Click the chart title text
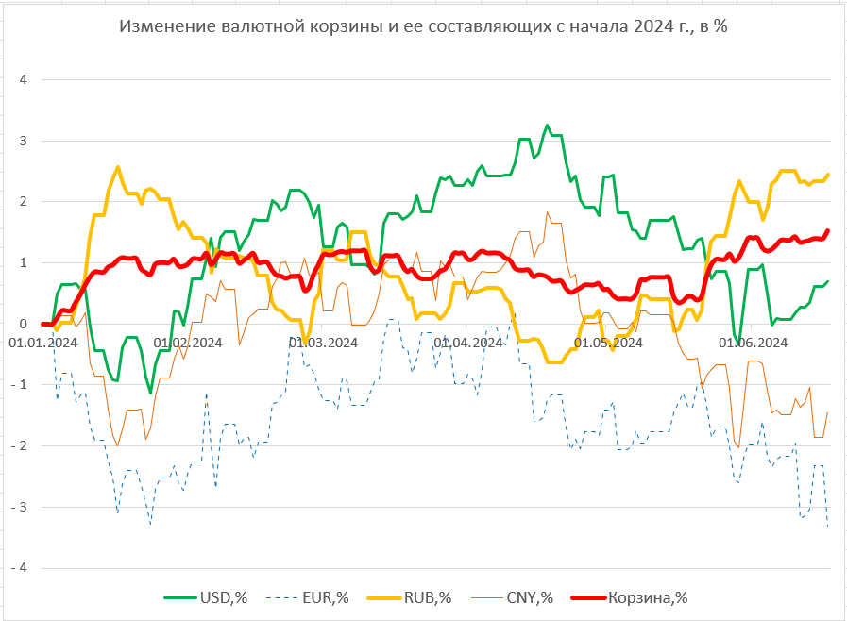(x=423, y=26)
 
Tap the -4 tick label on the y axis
(x=21, y=568)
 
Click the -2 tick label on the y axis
(x=21, y=446)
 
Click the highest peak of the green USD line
(x=547, y=125)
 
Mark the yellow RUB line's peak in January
(x=118, y=167)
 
